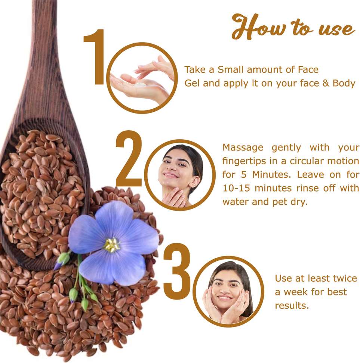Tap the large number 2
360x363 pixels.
(129, 159)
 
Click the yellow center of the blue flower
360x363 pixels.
(112, 245)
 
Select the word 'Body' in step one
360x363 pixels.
(344, 83)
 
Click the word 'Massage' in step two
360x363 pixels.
(243, 148)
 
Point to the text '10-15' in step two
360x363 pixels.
(236, 188)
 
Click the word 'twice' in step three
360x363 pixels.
(345, 278)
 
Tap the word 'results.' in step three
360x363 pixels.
(292, 305)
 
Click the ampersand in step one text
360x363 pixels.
(326, 83)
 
